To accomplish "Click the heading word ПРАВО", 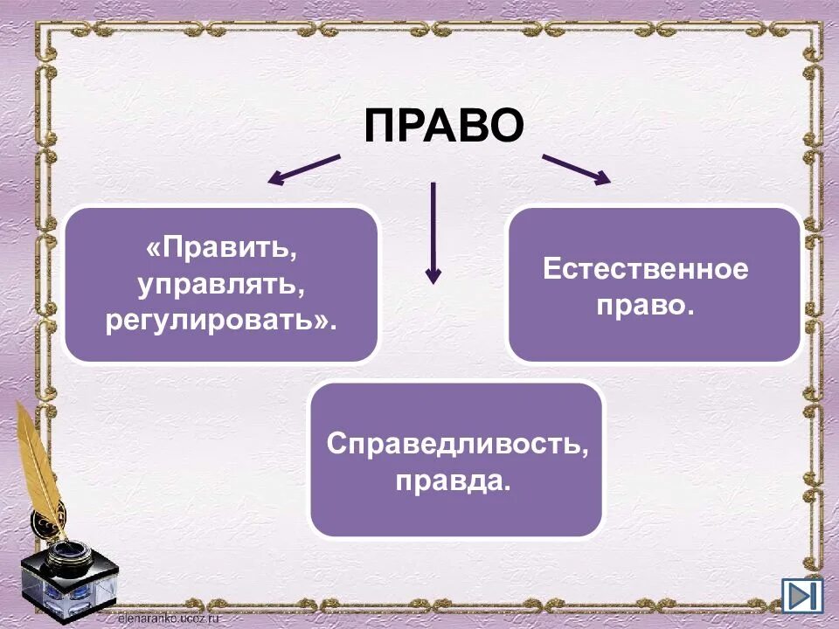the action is (444, 126).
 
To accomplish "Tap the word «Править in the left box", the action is (223, 250).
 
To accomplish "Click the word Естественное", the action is (645, 268).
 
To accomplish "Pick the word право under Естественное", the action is (645, 306).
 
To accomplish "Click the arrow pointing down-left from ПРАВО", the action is (303, 169).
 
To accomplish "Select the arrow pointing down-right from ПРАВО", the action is (576, 169).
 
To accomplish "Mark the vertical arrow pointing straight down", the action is (433, 232).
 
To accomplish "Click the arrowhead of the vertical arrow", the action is (433, 275).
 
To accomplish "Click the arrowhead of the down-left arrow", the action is (275, 180).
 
